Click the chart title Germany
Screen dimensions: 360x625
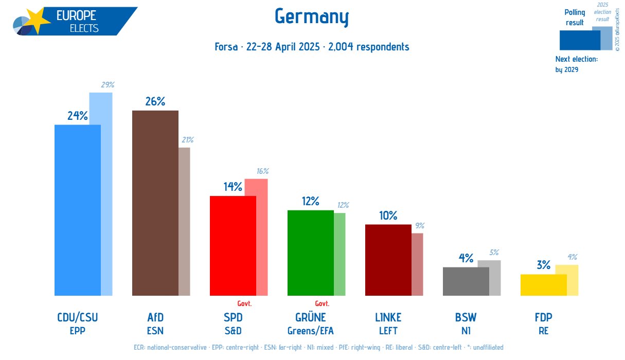[312, 17]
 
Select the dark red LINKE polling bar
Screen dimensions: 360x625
[388, 260]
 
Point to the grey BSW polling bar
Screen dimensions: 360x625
[466, 281]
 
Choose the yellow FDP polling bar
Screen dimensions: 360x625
[543, 285]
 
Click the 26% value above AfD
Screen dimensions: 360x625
[155, 102]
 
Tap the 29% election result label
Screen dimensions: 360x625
[108, 85]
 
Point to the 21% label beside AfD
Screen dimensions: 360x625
[187, 140]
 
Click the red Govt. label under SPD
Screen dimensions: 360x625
[244, 303]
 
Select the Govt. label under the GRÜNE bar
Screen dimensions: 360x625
[322, 303]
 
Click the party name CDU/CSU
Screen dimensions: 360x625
[77, 317]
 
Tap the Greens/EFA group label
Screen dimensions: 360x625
[310, 331]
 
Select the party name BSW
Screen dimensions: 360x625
[466, 317]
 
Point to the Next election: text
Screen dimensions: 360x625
[576, 59]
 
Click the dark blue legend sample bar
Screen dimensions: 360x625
[579, 40]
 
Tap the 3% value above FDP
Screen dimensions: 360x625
[543, 265]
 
